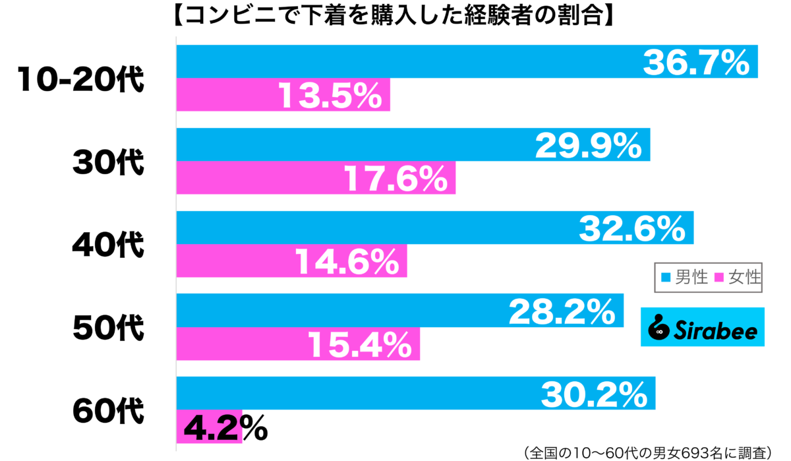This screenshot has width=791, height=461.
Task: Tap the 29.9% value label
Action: coord(588,146)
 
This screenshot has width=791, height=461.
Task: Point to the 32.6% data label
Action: coord(631,228)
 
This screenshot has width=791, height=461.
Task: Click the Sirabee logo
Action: coord(703,327)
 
